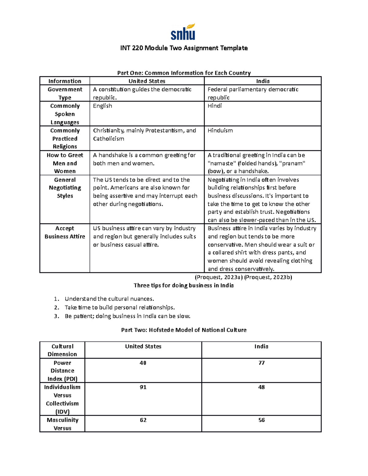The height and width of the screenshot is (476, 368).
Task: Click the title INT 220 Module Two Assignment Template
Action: pos(184,48)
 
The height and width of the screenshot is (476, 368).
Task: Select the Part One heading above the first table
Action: pos(184,73)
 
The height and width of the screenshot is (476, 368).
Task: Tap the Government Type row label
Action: pos(65,93)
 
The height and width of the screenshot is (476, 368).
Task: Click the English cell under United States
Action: pos(102,106)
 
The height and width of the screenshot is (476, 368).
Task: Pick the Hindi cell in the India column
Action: pos(214,106)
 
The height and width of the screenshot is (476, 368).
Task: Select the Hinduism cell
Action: pos(220,131)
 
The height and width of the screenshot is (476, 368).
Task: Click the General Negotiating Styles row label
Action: pos(65,188)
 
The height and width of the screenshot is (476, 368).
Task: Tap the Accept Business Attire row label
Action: pos(65,232)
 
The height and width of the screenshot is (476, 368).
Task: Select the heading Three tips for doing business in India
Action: pos(184,286)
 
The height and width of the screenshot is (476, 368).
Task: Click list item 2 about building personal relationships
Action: pos(120,307)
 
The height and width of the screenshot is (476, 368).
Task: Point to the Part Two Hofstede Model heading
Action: pos(184,330)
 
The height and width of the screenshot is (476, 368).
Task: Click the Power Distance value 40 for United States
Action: pos(143,363)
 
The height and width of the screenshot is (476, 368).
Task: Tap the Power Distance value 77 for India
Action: pos(261,363)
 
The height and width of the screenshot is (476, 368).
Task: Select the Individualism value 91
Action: pos(143,387)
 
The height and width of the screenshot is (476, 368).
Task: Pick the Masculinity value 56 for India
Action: pos(261,420)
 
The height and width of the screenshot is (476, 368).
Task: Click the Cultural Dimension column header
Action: pos(62,350)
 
